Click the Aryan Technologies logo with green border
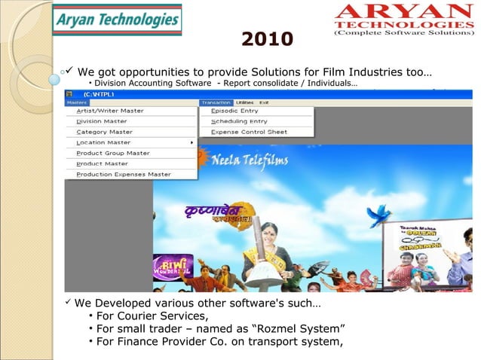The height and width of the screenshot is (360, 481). pyautogui.click(x=116, y=20)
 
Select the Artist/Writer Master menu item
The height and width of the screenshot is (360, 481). pyautogui.click(x=110, y=111)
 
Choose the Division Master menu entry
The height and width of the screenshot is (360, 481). pyautogui.click(x=102, y=121)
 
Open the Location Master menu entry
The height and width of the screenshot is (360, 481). pyautogui.click(x=103, y=142)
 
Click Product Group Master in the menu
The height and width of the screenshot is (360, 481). pyautogui.click(x=113, y=153)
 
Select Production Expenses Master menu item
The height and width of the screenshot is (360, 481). pyautogui.click(x=124, y=174)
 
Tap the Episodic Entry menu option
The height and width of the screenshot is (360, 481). pyautogui.click(x=234, y=111)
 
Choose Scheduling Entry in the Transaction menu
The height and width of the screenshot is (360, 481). pyautogui.click(x=238, y=121)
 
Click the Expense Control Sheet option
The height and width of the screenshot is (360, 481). pyautogui.click(x=249, y=132)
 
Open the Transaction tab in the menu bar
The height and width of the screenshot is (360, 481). pyautogui.click(x=216, y=102)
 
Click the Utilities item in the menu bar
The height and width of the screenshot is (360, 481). pyautogui.click(x=244, y=102)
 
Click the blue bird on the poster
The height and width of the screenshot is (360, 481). pyautogui.click(x=378, y=213)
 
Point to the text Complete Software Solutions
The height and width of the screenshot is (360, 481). pyautogui.click(x=403, y=33)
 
